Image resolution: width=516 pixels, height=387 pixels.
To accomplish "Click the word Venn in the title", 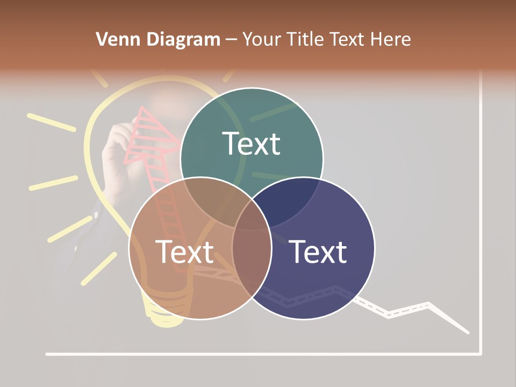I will [114, 39].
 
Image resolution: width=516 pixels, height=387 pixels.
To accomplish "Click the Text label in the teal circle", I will [251, 144].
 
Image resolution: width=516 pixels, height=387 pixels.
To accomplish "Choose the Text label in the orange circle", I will [184, 252].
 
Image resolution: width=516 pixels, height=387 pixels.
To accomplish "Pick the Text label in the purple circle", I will [318, 252].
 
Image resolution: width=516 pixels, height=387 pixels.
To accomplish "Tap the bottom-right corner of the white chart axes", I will [480, 354].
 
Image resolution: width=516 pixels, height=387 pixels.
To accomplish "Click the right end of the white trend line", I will [468, 333].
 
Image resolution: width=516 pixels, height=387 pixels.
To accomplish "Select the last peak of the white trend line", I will [428, 305].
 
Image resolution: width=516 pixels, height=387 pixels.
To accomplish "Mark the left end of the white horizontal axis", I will [47, 354].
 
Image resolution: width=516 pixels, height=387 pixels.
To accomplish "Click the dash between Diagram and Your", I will [231, 40].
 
